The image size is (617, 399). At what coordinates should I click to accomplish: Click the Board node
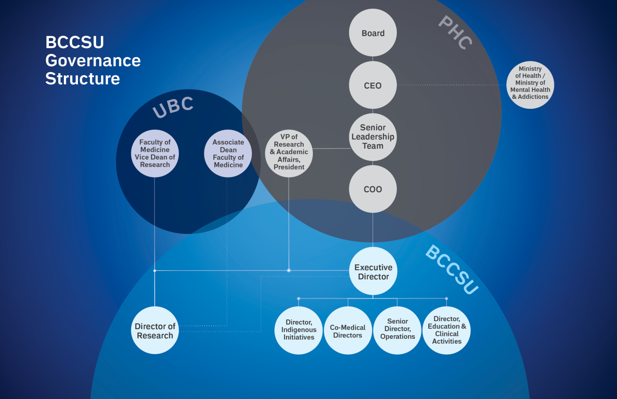click(373, 33)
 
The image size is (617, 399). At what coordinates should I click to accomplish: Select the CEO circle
click(373, 85)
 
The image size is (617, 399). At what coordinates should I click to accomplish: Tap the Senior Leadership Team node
click(373, 137)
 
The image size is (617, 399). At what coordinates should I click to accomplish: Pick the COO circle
click(373, 189)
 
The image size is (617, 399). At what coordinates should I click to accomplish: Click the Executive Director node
click(373, 271)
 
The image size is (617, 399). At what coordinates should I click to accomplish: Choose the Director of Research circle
click(155, 330)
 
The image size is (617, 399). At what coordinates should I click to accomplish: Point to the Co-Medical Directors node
click(348, 331)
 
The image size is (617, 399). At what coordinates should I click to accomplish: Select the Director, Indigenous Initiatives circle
click(299, 330)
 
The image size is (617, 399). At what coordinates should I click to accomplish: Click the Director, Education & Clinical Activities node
click(447, 330)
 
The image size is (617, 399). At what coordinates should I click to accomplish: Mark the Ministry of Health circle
click(530, 85)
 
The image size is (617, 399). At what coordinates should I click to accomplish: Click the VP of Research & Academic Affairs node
click(289, 153)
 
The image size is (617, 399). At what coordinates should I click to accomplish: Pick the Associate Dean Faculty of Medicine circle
click(228, 153)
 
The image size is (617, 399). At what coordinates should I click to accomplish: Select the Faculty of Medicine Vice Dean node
click(155, 153)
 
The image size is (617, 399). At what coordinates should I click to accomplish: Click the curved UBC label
click(173, 108)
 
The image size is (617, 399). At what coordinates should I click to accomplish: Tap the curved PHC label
click(455, 33)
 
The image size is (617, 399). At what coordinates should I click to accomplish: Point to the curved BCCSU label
click(452, 269)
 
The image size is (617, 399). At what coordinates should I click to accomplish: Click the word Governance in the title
click(93, 61)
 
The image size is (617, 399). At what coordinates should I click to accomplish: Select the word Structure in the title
click(83, 79)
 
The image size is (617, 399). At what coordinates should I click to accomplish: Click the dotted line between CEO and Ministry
click(452, 85)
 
